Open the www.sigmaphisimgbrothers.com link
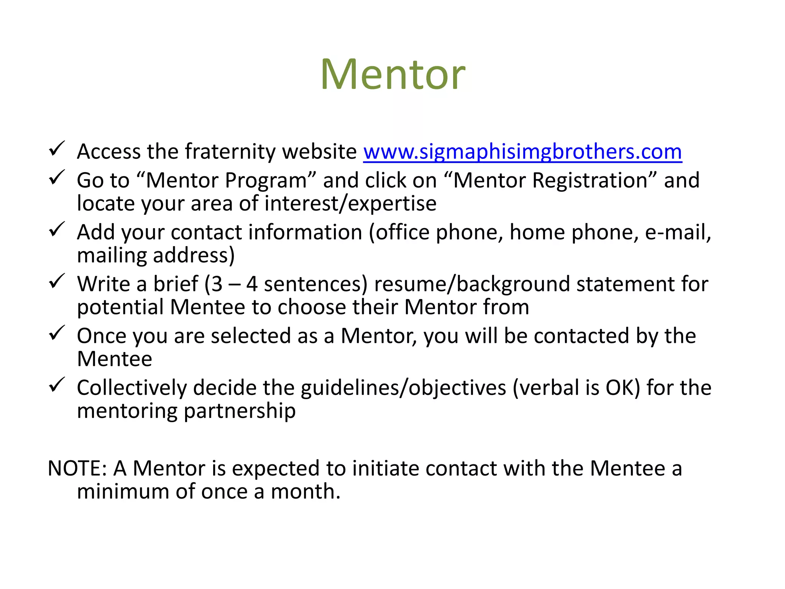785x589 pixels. [522, 151]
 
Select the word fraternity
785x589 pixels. [230, 152]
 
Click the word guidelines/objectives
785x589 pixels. [403, 388]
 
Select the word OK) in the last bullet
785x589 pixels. [623, 388]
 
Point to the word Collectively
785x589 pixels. [131, 388]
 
